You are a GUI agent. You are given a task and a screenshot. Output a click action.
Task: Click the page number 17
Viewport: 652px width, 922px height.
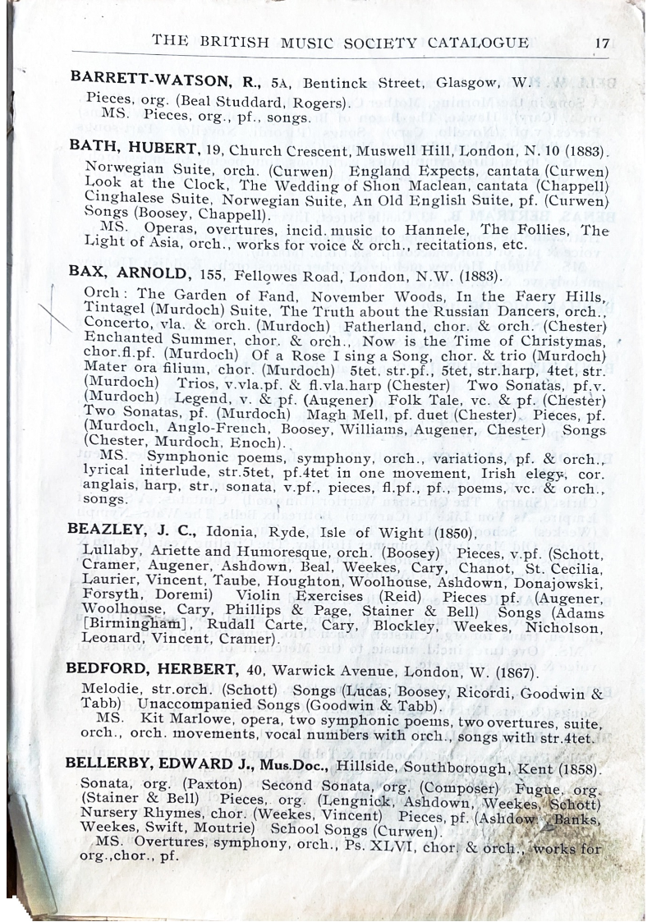pyautogui.click(x=602, y=44)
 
